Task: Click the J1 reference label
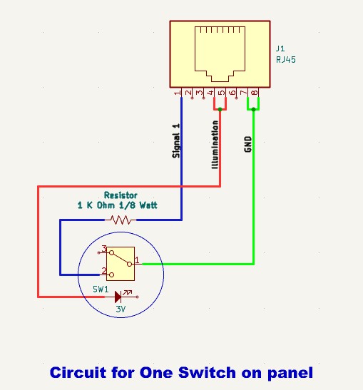(279, 49)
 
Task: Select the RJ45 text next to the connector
(285, 60)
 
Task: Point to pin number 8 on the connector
(255, 93)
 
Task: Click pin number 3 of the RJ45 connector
(199, 93)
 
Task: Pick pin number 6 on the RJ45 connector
(232, 93)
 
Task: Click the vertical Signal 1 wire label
(176, 140)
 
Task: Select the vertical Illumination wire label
(215, 143)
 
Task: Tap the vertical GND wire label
(247, 145)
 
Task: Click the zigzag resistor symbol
(120, 220)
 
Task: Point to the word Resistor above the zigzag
(120, 195)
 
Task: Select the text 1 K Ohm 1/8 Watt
(117, 205)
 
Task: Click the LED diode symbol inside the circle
(118, 295)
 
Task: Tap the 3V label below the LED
(120, 309)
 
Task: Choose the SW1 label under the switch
(101, 290)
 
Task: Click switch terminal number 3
(103, 249)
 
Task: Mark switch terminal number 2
(103, 272)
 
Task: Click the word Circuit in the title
(76, 372)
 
